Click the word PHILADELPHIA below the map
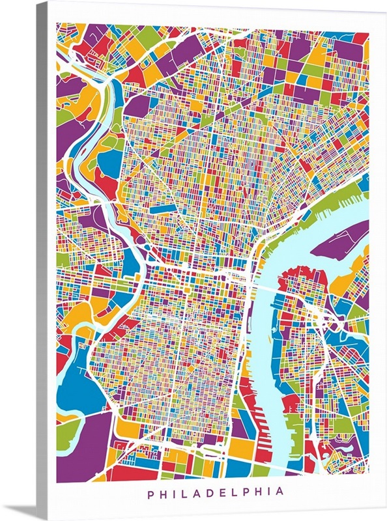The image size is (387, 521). coord(216,492)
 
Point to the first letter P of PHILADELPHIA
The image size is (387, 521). coord(150,492)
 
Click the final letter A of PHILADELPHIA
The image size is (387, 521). coord(281,492)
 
